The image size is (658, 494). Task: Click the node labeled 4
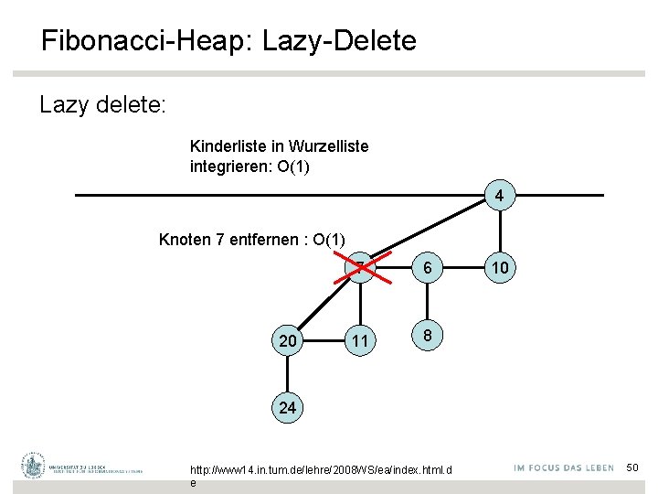pyautogui.click(x=498, y=196)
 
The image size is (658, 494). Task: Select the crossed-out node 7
pyautogui.click(x=361, y=266)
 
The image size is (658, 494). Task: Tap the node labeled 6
pyautogui.click(x=425, y=267)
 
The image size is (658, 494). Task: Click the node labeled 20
pyautogui.click(x=288, y=340)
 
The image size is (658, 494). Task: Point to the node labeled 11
pyautogui.click(x=361, y=340)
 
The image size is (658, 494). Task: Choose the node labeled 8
pyautogui.click(x=425, y=335)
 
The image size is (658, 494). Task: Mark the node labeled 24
pyautogui.click(x=288, y=408)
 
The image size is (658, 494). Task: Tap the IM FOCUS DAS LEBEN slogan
pyautogui.click(x=564, y=468)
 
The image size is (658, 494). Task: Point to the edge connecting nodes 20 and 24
pyautogui.click(x=288, y=375)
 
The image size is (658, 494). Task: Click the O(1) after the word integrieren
pyautogui.click(x=292, y=166)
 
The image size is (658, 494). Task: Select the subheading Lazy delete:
pyautogui.click(x=102, y=104)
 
